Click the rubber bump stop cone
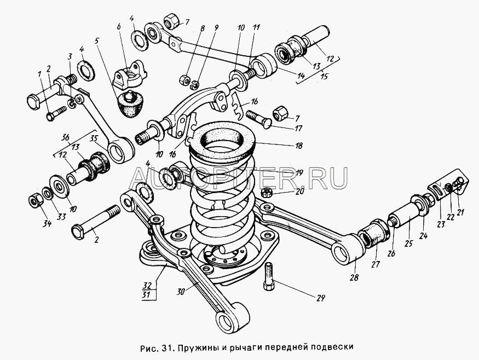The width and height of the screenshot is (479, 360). point(130,104)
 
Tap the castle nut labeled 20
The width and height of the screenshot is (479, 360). point(268,193)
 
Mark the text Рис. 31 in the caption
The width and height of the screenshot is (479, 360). point(156,347)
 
